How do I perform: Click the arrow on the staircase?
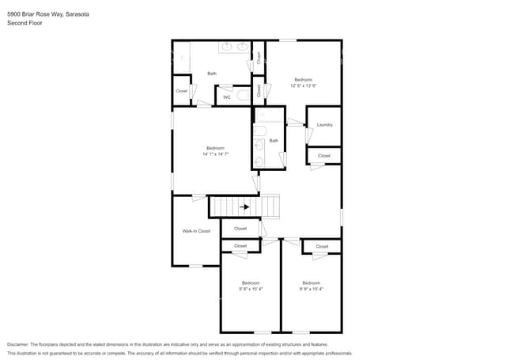pyautogui.click(x=246, y=207)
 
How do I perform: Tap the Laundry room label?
pyautogui.click(x=324, y=125)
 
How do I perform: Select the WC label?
pyautogui.click(x=226, y=97)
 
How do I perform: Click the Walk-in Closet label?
pyautogui.click(x=196, y=231)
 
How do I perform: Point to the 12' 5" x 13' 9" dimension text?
pyautogui.click(x=304, y=85)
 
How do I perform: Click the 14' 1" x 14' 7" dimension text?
pyautogui.click(x=215, y=154)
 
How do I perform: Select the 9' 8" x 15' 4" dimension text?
pyautogui.click(x=251, y=289)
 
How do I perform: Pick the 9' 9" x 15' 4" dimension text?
pyautogui.click(x=311, y=289)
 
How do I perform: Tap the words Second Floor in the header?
pyautogui.click(x=25, y=24)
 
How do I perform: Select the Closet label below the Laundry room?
pyautogui.click(x=324, y=156)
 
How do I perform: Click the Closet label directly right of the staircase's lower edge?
pyautogui.click(x=240, y=229)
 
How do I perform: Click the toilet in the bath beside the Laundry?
pyautogui.click(x=260, y=131)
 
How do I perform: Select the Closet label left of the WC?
pyautogui.click(x=182, y=91)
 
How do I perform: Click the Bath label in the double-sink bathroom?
pyautogui.click(x=212, y=74)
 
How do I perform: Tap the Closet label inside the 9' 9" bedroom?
pyautogui.click(x=322, y=246)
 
